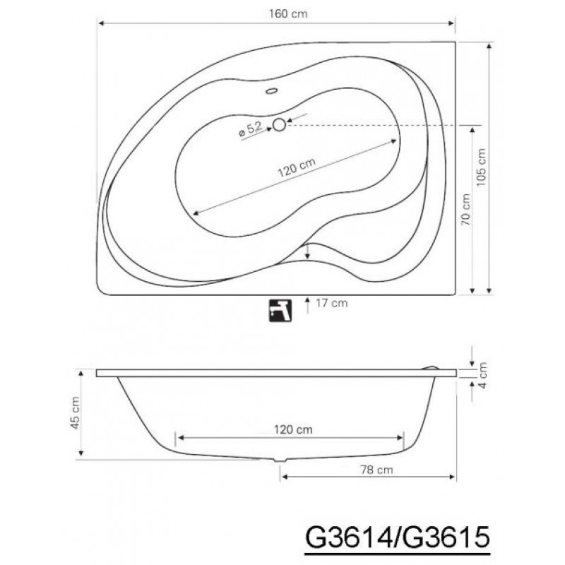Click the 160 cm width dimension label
point(288,14)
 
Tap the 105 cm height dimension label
point(482,167)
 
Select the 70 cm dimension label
point(467,210)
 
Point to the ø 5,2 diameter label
point(251,130)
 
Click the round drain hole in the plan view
point(279,125)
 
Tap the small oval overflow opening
point(271,91)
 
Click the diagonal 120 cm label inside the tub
point(297,167)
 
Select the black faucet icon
point(280,310)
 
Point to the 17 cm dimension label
point(332,304)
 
